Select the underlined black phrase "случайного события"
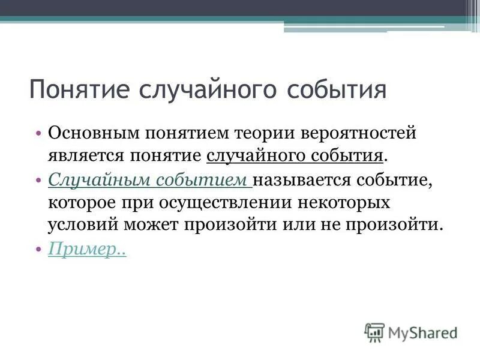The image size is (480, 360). click(295, 156)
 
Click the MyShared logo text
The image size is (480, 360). click(423, 332)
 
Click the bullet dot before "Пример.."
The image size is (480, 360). click(38, 249)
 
